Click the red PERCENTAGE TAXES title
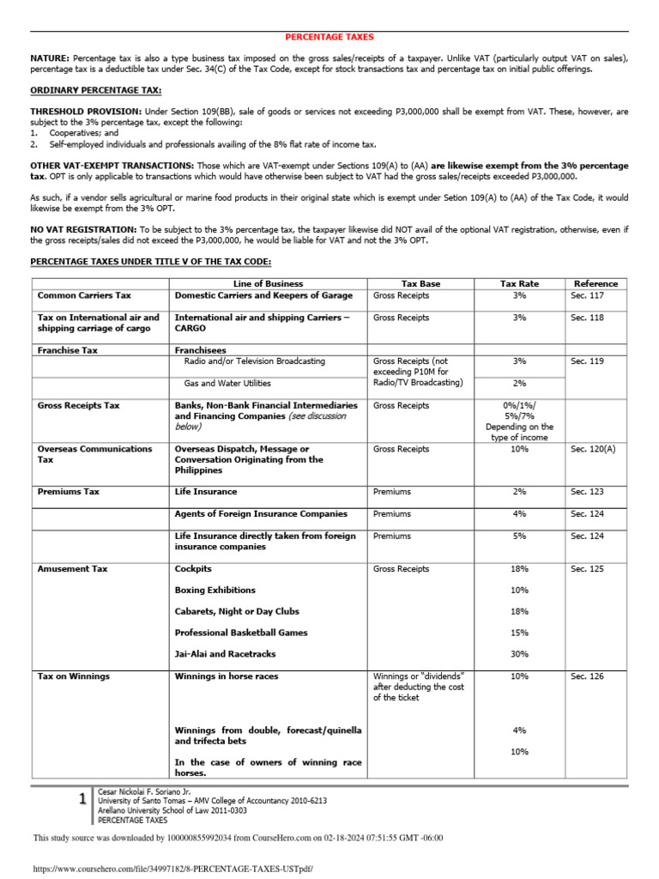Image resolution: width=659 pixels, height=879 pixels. [329, 37]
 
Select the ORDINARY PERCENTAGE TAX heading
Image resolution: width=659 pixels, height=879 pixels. [96, 90]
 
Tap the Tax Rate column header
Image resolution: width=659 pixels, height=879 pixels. [519, 284]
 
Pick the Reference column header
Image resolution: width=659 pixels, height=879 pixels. [596, 284]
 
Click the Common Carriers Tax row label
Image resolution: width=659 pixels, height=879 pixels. [84, 295]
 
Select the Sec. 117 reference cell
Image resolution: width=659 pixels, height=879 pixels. [587, 295]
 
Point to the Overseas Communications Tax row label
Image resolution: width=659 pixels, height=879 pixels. [94, 454]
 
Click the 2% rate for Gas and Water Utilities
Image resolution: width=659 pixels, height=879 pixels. [519, 384]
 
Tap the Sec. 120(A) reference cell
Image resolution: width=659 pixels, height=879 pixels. [592, 449]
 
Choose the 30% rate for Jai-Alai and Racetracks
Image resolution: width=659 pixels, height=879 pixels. [519, 654]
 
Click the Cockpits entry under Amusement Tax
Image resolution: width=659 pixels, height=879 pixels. [193, 569]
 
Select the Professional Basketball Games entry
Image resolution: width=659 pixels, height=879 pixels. [241, 633]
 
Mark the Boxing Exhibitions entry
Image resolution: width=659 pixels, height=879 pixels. [215, 591]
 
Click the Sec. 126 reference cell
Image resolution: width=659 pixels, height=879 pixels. [587, 676]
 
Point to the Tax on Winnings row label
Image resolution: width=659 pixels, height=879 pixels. [74, 676]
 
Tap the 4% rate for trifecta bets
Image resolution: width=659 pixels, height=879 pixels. [519, 730]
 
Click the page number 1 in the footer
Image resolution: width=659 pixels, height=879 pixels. [82, 799]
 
